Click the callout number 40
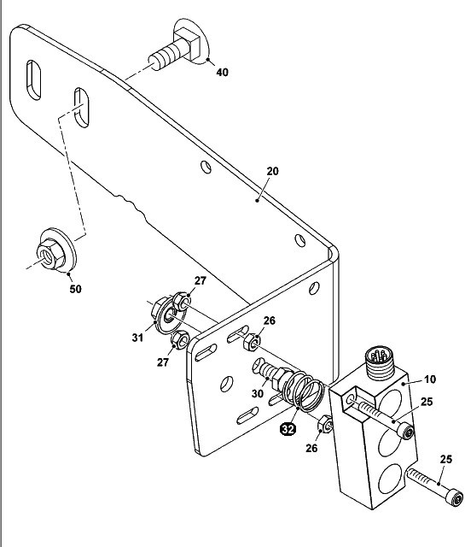tap(222, 72)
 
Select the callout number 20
tap(273, 171)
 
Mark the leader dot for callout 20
tap(258, 200)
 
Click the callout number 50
tap(75, 289)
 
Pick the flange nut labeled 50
tap(55, 250)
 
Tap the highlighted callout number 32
tap(288, 429)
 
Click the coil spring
tap(303, 391)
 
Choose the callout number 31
tap(137, 338)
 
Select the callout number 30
tap(258, 393)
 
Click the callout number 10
tap(431, 379)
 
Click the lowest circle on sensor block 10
tap(388, 479)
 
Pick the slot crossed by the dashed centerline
tap(82, 108)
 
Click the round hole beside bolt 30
tap(226, 384)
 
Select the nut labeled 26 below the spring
tap(325, 424)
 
